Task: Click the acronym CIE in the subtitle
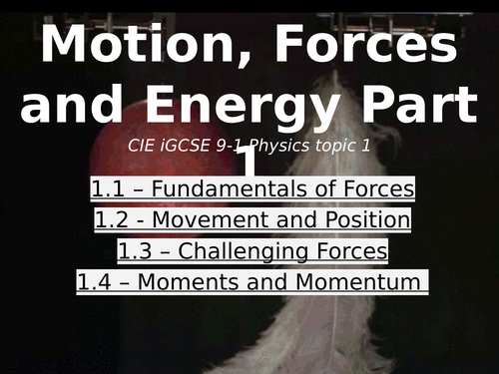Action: point(145,146)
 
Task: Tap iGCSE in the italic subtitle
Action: point(195,146)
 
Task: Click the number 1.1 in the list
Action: point(109,188)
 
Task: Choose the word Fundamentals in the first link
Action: point(239,188)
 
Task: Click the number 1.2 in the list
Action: point(113,219)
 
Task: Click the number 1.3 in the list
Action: point(136,251)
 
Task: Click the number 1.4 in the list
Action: point(98,283)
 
